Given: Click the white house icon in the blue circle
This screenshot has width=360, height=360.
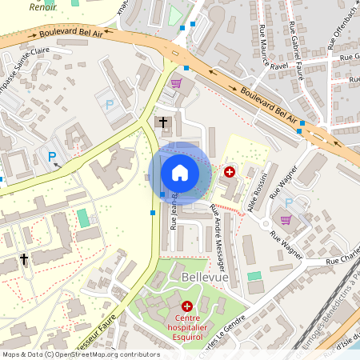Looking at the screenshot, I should pyautogui.click(x=180, y=173).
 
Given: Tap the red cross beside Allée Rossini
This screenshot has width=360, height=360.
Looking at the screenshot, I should pyautogui.click(x=230, y=172).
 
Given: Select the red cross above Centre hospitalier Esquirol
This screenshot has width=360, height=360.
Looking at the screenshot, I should pyautogui.click(x=187, y=306).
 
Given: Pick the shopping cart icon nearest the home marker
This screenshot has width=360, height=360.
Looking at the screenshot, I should pyautogui.click(x=176, y=82).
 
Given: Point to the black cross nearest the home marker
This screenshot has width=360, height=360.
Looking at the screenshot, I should pyautogui.click(x=164, y=122).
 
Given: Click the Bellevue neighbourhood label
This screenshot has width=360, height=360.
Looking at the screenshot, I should pyautogui.click(x=205, y=277).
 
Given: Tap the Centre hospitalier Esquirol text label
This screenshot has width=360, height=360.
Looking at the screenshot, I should pyautogui.click(x=187, y=322).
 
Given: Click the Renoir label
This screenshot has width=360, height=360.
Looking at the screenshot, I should pyautogui.click(x=42, y=6).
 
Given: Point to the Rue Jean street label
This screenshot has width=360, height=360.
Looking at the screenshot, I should pyautogui.click(x=173, y=212).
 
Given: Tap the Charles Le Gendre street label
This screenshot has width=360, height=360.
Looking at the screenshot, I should pyautogui.click(x=230, y=334).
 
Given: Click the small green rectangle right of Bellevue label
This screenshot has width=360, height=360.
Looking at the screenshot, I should pyautogui.click(x=254, y=276).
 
